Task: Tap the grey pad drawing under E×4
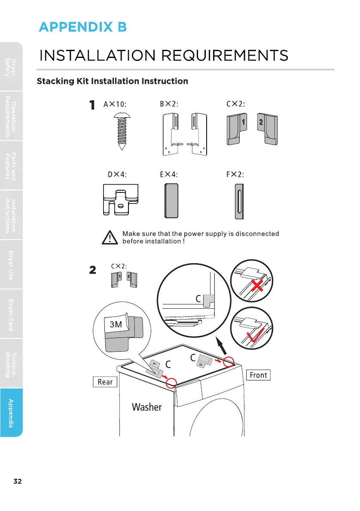click(x=171, y=201)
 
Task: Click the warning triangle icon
click(x=110, y=237)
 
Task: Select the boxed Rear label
click(x=105, y=382)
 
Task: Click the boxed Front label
click(x=258, y=375)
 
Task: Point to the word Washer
click(x=147, y=407)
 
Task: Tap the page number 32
click(x=18, y=481)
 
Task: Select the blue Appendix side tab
click(x=11, y=412)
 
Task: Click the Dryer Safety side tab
click(x=11, y=67)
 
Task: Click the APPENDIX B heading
click(x=83, y=27)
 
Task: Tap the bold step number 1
click(x=92, y=106)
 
